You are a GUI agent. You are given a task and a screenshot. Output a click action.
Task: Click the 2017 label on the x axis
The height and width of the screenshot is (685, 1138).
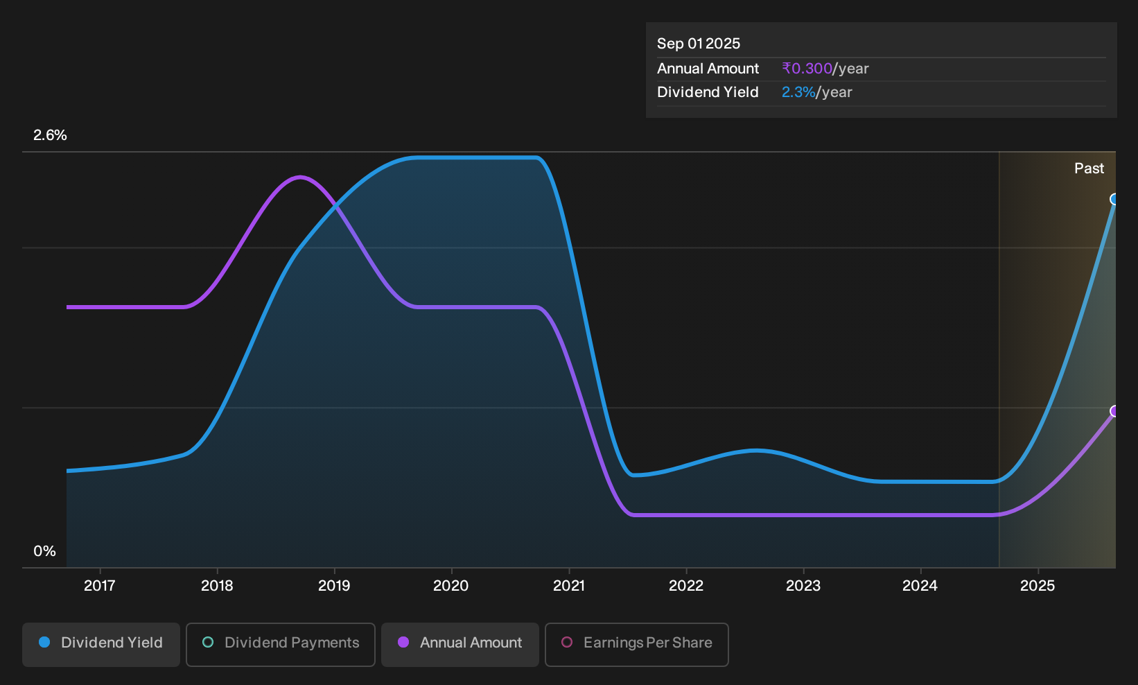(100, 586)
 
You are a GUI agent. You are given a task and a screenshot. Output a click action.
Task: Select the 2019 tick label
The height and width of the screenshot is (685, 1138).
(334, 586)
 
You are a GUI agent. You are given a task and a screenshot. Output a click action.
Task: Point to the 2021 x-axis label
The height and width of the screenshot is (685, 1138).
(569, 586)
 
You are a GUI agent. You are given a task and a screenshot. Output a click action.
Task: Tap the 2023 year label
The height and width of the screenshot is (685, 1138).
(803, 586)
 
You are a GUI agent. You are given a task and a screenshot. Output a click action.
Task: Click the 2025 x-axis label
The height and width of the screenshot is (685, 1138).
(1038, 586)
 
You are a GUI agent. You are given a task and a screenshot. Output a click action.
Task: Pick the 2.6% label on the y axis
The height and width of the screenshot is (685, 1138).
(50, 135)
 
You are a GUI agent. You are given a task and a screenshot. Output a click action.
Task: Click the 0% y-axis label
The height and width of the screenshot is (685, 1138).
(44, 551)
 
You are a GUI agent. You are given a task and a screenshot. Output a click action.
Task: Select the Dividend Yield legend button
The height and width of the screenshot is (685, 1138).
(101, 644)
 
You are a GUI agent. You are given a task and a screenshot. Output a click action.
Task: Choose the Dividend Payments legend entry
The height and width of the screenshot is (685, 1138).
(281, 644)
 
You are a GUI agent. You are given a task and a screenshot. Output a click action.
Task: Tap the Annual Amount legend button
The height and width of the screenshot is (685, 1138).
(459, 644)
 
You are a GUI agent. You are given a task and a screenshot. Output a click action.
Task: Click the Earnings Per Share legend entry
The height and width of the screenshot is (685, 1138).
(636, 644)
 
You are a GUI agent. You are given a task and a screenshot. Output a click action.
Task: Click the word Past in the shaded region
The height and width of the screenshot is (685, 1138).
(1089, 168)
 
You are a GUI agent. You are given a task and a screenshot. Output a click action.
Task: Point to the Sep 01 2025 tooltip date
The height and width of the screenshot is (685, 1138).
(699, 44)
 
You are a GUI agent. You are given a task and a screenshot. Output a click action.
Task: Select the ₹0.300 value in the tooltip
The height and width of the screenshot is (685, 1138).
(807, 69)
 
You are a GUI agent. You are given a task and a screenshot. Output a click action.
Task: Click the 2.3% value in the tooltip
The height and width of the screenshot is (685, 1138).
(798, 92)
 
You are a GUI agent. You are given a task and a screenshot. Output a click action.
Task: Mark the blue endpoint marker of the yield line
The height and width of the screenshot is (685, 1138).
(1114, 199)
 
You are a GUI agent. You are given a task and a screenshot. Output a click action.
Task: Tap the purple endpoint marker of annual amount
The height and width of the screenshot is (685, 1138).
(1114, 411)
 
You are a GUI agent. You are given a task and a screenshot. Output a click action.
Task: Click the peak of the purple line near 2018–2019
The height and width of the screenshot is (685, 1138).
(300, 177)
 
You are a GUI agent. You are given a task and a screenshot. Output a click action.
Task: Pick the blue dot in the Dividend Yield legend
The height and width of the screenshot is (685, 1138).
(45, 642)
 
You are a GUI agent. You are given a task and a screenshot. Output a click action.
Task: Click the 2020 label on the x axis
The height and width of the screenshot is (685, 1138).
(450, 586)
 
